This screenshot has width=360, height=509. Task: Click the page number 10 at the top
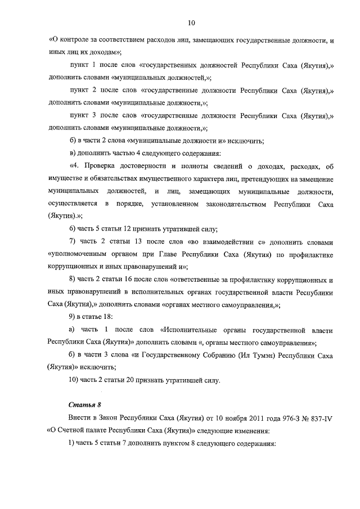click(x=191, y=23)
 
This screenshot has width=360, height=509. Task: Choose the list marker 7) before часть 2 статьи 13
click(x=73, y=241)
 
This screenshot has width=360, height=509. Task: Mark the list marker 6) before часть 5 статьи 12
click(x=73, y=228)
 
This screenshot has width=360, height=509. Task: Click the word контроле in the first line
click(x=78, y=40)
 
